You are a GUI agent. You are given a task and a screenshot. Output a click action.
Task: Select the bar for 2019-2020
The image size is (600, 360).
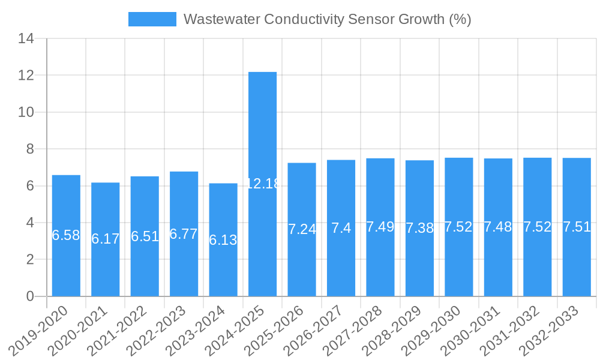point(66,264)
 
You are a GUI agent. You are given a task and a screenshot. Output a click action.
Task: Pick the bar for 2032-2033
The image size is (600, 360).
point(577,264)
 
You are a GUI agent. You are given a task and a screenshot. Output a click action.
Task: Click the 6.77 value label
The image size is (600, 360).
point(184,234)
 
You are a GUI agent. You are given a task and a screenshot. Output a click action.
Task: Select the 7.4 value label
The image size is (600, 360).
point(341,228)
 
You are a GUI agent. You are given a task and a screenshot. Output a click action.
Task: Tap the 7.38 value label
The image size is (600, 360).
point(420,228)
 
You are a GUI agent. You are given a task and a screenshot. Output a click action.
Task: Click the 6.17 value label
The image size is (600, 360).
point(106,239)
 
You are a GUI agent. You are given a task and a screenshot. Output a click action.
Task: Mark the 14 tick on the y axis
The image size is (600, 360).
point(26,38)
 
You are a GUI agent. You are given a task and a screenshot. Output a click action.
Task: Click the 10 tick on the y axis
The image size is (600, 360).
point(26,112)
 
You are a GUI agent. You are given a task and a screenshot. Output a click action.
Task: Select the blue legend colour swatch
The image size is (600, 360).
point(152,19)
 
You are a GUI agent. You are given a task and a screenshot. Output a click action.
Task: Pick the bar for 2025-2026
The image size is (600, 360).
point(302,264)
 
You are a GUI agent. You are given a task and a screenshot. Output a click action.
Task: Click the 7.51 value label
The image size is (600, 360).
point(577,227)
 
